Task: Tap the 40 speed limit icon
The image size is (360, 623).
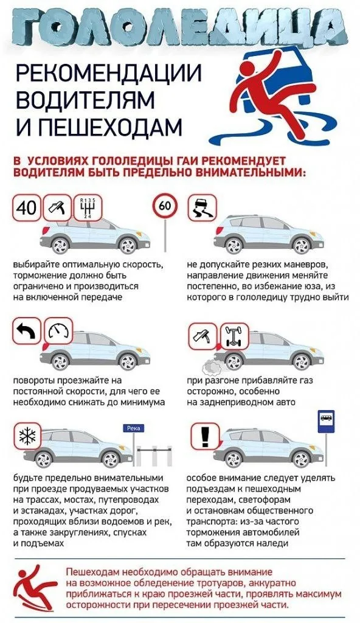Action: coord(26,209)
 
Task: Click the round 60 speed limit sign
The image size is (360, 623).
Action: coord(164,206)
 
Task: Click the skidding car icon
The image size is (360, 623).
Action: coord(201,209)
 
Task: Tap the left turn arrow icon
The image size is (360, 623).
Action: coord(26,332)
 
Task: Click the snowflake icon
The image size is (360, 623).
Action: coord(26,436)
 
